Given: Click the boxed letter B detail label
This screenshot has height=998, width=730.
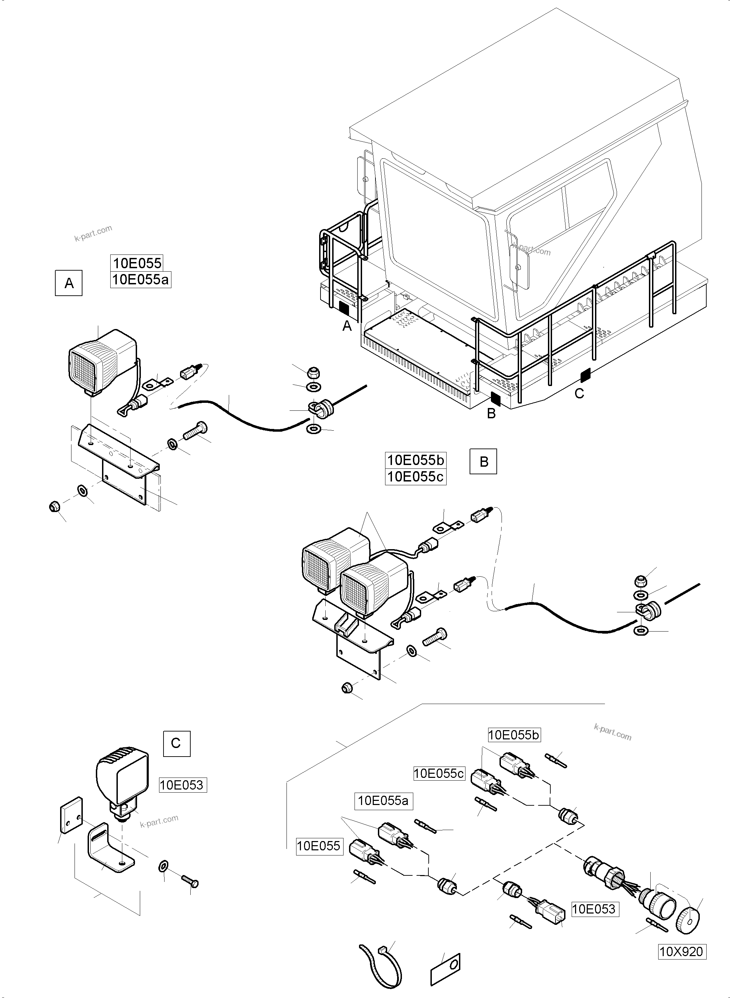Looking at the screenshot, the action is pos(483,461).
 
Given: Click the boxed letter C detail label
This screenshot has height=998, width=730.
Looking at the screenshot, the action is pos(176,744).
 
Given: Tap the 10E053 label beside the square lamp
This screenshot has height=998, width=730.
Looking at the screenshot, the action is pos(182,785).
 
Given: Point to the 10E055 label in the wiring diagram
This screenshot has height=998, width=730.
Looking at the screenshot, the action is pos(319,846).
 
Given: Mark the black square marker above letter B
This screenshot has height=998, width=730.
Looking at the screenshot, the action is pos(495,399).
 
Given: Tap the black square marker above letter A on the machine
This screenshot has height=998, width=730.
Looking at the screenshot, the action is pos(344,309).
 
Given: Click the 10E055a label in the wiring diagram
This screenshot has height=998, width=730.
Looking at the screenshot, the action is pos(384,800).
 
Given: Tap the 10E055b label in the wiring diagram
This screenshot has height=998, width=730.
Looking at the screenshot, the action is pos(514,735).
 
